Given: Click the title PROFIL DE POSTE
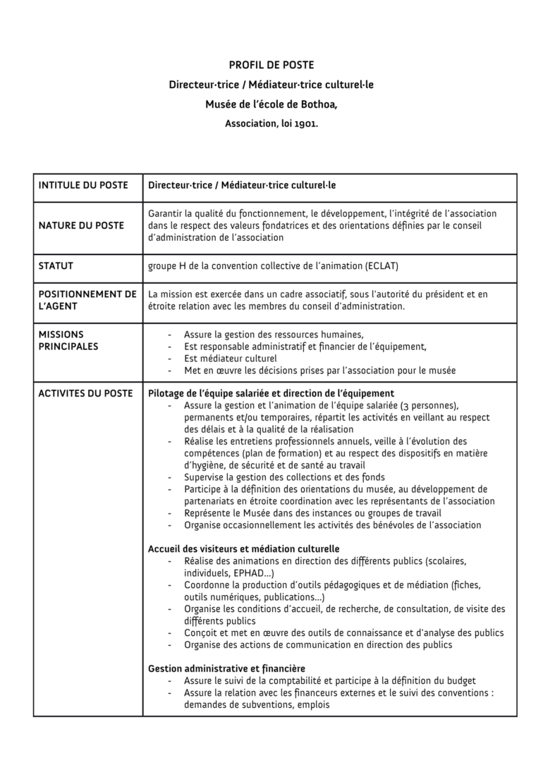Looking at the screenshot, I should (271, 66).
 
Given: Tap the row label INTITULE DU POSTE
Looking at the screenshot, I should (83, 186).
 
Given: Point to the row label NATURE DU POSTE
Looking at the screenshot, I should (81, 225).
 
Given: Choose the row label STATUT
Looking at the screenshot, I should (56, 266).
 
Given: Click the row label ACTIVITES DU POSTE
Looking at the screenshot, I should (85, 393).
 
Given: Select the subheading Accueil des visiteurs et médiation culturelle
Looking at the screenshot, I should (244, 548).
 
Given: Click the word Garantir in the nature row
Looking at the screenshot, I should (167, 213).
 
